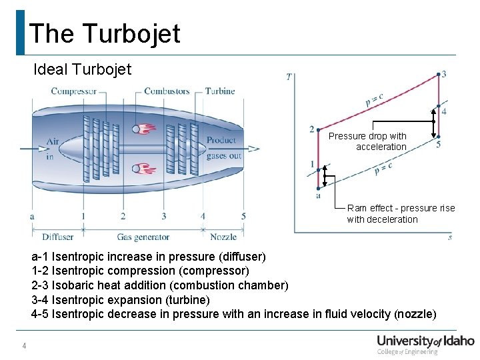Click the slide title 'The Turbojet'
(x=105, y=33)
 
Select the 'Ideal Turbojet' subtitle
(x=83, y=69)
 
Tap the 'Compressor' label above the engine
(x=73, y=91)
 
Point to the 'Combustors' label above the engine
(x=167, y=91)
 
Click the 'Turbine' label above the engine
(x=220, y=91)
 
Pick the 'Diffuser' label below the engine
(x=58, y=237)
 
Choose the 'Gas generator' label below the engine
(x=143, y=237)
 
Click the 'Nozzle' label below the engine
(x=223, y=237)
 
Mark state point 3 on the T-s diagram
(x=437, y=75)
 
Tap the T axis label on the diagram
(x=288, y=77)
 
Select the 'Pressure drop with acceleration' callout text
(x=367, y=141)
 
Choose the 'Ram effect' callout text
(x=401, y=213)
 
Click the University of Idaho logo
(x=425, y=343)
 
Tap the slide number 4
(x=24, y=346)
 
